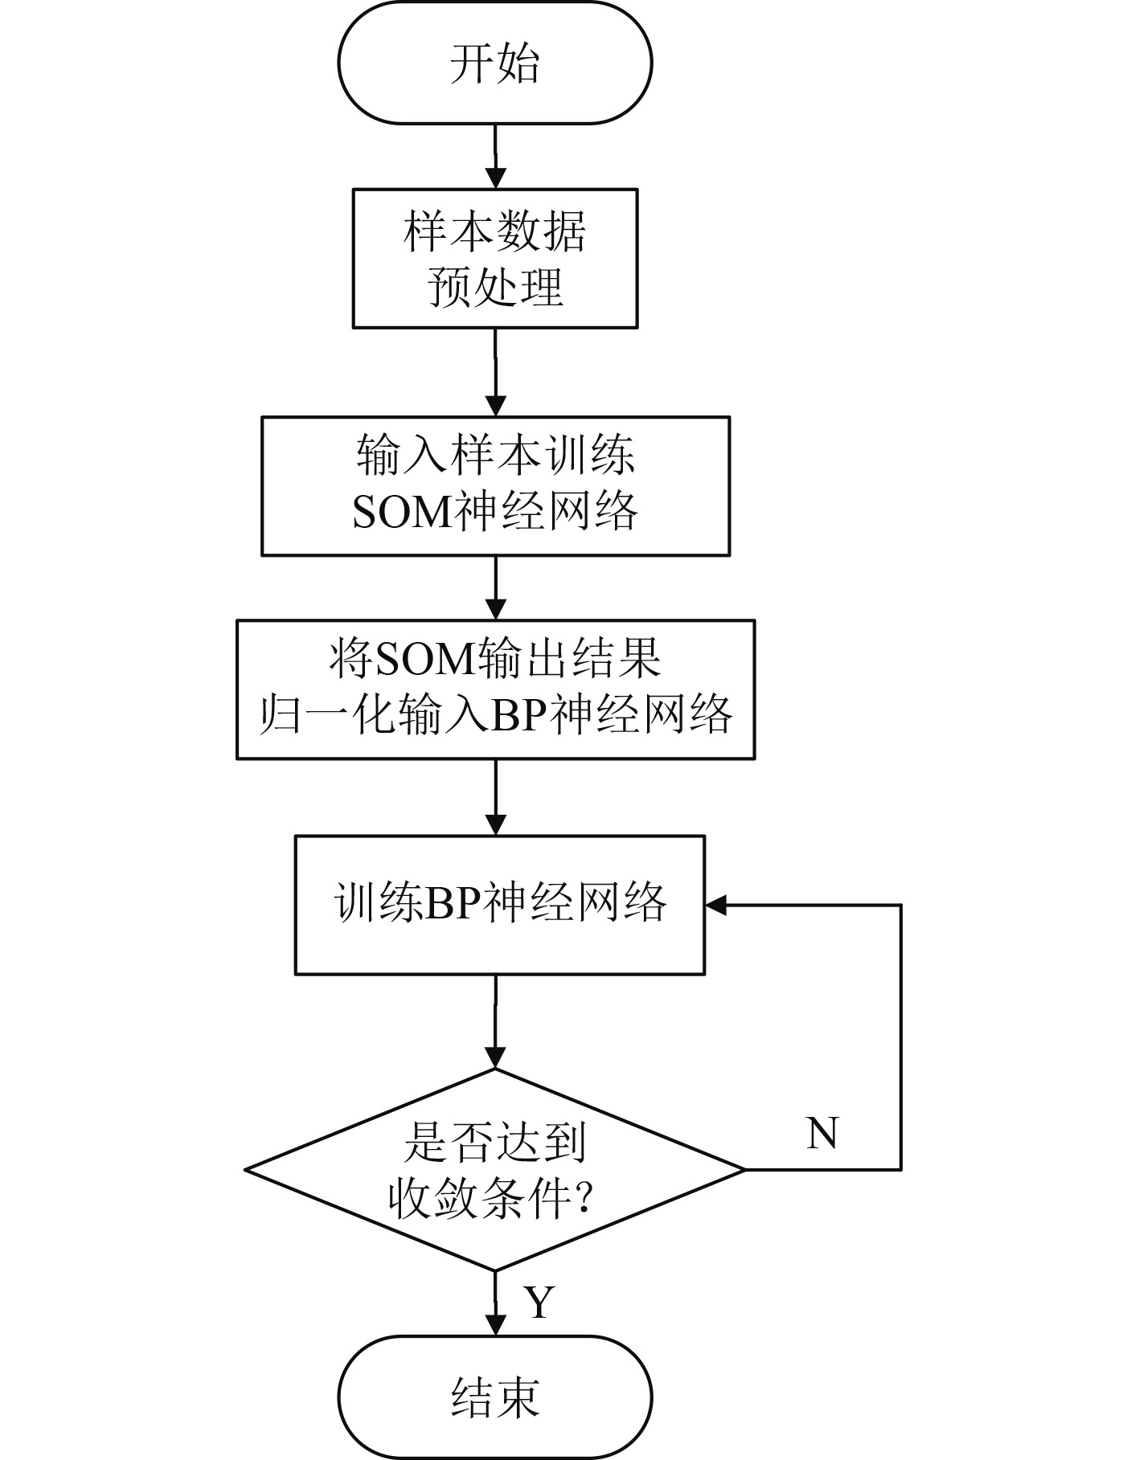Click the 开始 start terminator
point(494,63)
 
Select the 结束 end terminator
point(494,1397)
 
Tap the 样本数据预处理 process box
point(494,259)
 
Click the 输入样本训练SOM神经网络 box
point(495,486)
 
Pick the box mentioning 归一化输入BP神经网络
point(495,689)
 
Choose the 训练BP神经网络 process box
point(499,906)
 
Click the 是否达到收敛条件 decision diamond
point(495,1169)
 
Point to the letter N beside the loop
point(821,1133)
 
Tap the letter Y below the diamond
point(539,1303)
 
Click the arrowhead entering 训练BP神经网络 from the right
point(715,906)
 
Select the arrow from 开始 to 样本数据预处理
point(495,157)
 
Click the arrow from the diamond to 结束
point(495,1305)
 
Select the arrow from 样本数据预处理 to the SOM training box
point(495,372)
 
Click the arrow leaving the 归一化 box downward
point(495,797)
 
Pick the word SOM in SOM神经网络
point(403,512)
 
